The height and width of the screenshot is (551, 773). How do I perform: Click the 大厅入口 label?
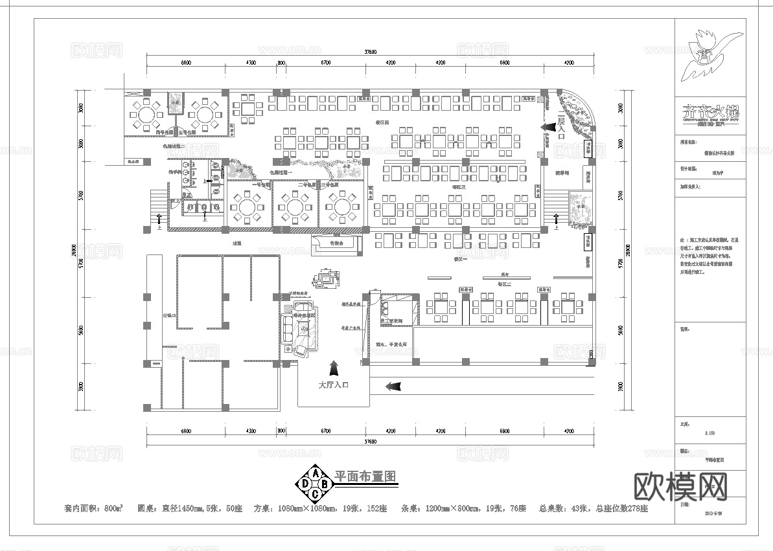pos(333,385)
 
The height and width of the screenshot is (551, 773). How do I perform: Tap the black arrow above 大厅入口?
pos(334,368)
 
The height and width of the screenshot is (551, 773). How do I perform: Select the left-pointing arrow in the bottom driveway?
pos(393,387)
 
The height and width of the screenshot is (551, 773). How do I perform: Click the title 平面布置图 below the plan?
pos(365,476)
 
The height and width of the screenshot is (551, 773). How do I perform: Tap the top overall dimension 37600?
pos(371,52)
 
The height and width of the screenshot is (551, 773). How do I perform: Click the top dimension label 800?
pos(282,63)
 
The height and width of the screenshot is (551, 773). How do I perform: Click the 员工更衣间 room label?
pos(391,320)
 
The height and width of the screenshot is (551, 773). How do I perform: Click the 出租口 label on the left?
pos(167,316)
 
